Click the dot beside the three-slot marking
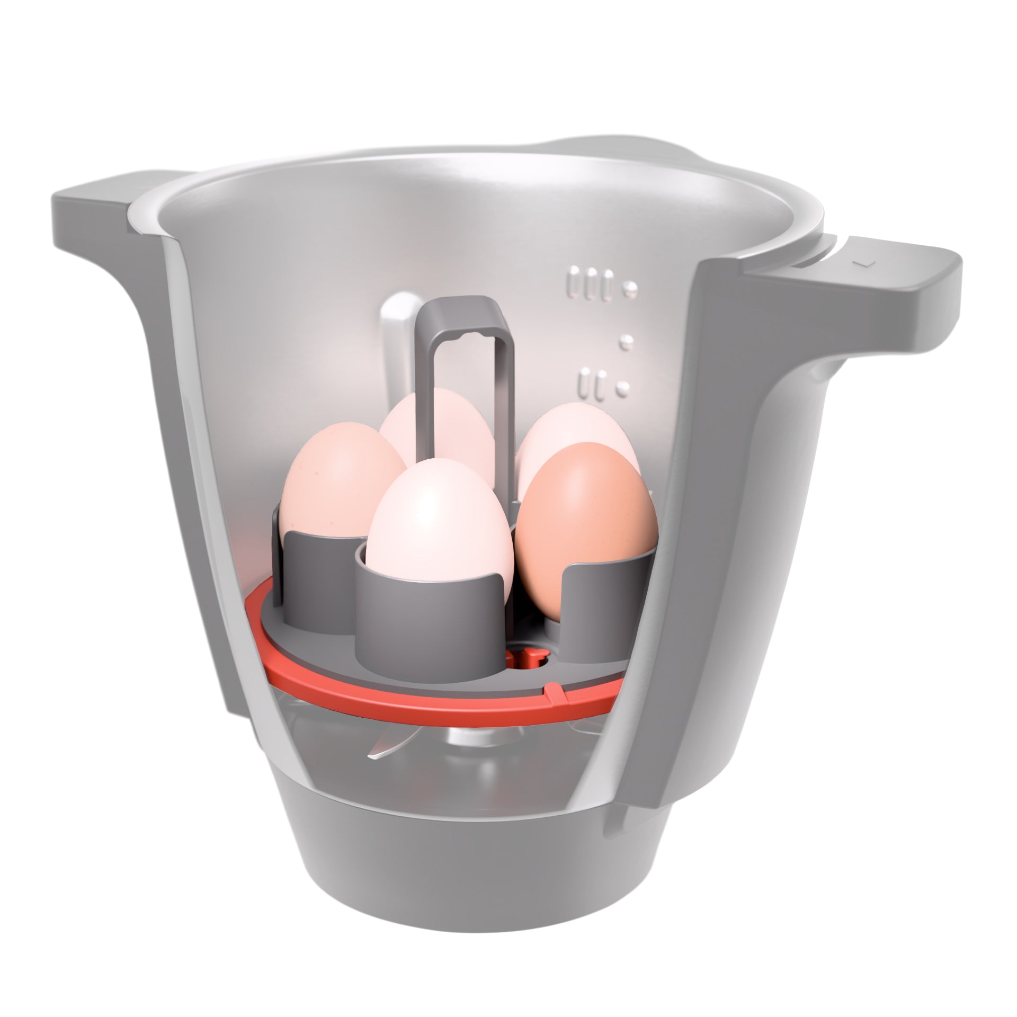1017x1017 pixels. pos(630,287)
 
